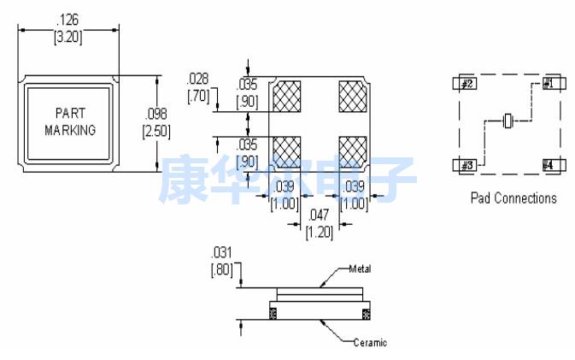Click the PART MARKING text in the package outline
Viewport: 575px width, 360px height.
click(x=69, y=121)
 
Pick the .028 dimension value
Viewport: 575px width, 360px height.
click(x=198, y=80)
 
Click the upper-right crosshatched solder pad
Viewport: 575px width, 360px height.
click(x=352, y=96)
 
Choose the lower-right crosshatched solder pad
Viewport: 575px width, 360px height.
click(x=352, y=150)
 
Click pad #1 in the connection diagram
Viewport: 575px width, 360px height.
click(x=548, y=84)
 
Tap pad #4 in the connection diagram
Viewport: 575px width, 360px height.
click(x=548, y=164)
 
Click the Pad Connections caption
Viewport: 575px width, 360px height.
click(x=513, y=198)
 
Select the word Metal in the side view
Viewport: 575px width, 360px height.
click(x=360, y=269)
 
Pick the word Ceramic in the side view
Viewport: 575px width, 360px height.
click(x=369, y=342)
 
